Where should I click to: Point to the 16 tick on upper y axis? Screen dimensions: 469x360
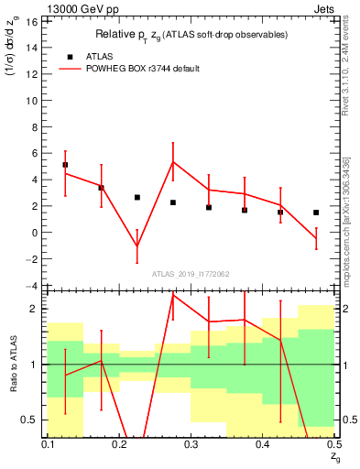pos(35,20)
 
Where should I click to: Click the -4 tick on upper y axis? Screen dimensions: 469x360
pos(35,286)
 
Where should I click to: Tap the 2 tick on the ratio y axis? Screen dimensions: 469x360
pos(35,310)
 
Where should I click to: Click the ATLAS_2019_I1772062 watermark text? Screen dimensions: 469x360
pos(191,273)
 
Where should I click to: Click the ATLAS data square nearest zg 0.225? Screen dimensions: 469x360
pos(137,197)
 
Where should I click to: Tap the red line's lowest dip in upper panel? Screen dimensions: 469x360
pos(137,246)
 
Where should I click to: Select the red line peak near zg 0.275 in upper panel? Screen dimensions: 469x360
pos(173,162)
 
